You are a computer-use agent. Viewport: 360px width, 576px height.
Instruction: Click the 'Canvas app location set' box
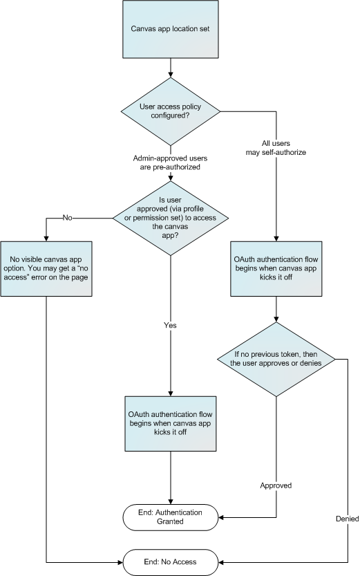point(170,30)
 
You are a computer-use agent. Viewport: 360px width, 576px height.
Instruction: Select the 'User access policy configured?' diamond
point(170,112)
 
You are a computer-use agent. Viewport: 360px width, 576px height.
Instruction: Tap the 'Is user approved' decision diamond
point(170,217)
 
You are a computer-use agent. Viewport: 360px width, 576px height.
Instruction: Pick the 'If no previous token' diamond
point(276,360)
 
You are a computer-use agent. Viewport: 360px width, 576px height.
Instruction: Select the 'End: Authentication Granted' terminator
point(170,517)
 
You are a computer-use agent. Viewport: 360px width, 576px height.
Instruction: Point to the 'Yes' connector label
point(170,324)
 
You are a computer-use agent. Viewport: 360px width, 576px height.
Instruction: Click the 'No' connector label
point(67,217)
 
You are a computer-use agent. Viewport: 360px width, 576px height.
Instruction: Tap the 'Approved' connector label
point(276,485)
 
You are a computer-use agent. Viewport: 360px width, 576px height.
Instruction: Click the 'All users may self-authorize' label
point(276,147)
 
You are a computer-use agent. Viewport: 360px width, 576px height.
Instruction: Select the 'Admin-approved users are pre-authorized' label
point(170,162)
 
